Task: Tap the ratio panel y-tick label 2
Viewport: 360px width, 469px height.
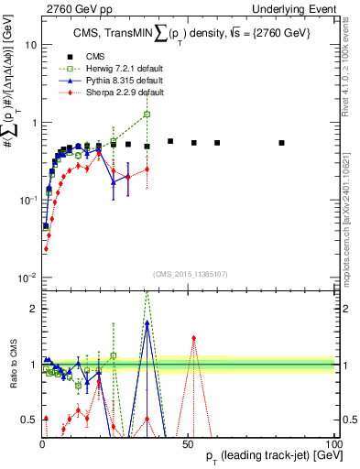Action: click(x=32, y=309)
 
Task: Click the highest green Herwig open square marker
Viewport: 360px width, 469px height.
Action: click(x=147, y=115)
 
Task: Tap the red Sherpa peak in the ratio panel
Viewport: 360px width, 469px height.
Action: click(x=193, y=337)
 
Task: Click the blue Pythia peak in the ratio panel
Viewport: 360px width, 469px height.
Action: click(x=147, y=322)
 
